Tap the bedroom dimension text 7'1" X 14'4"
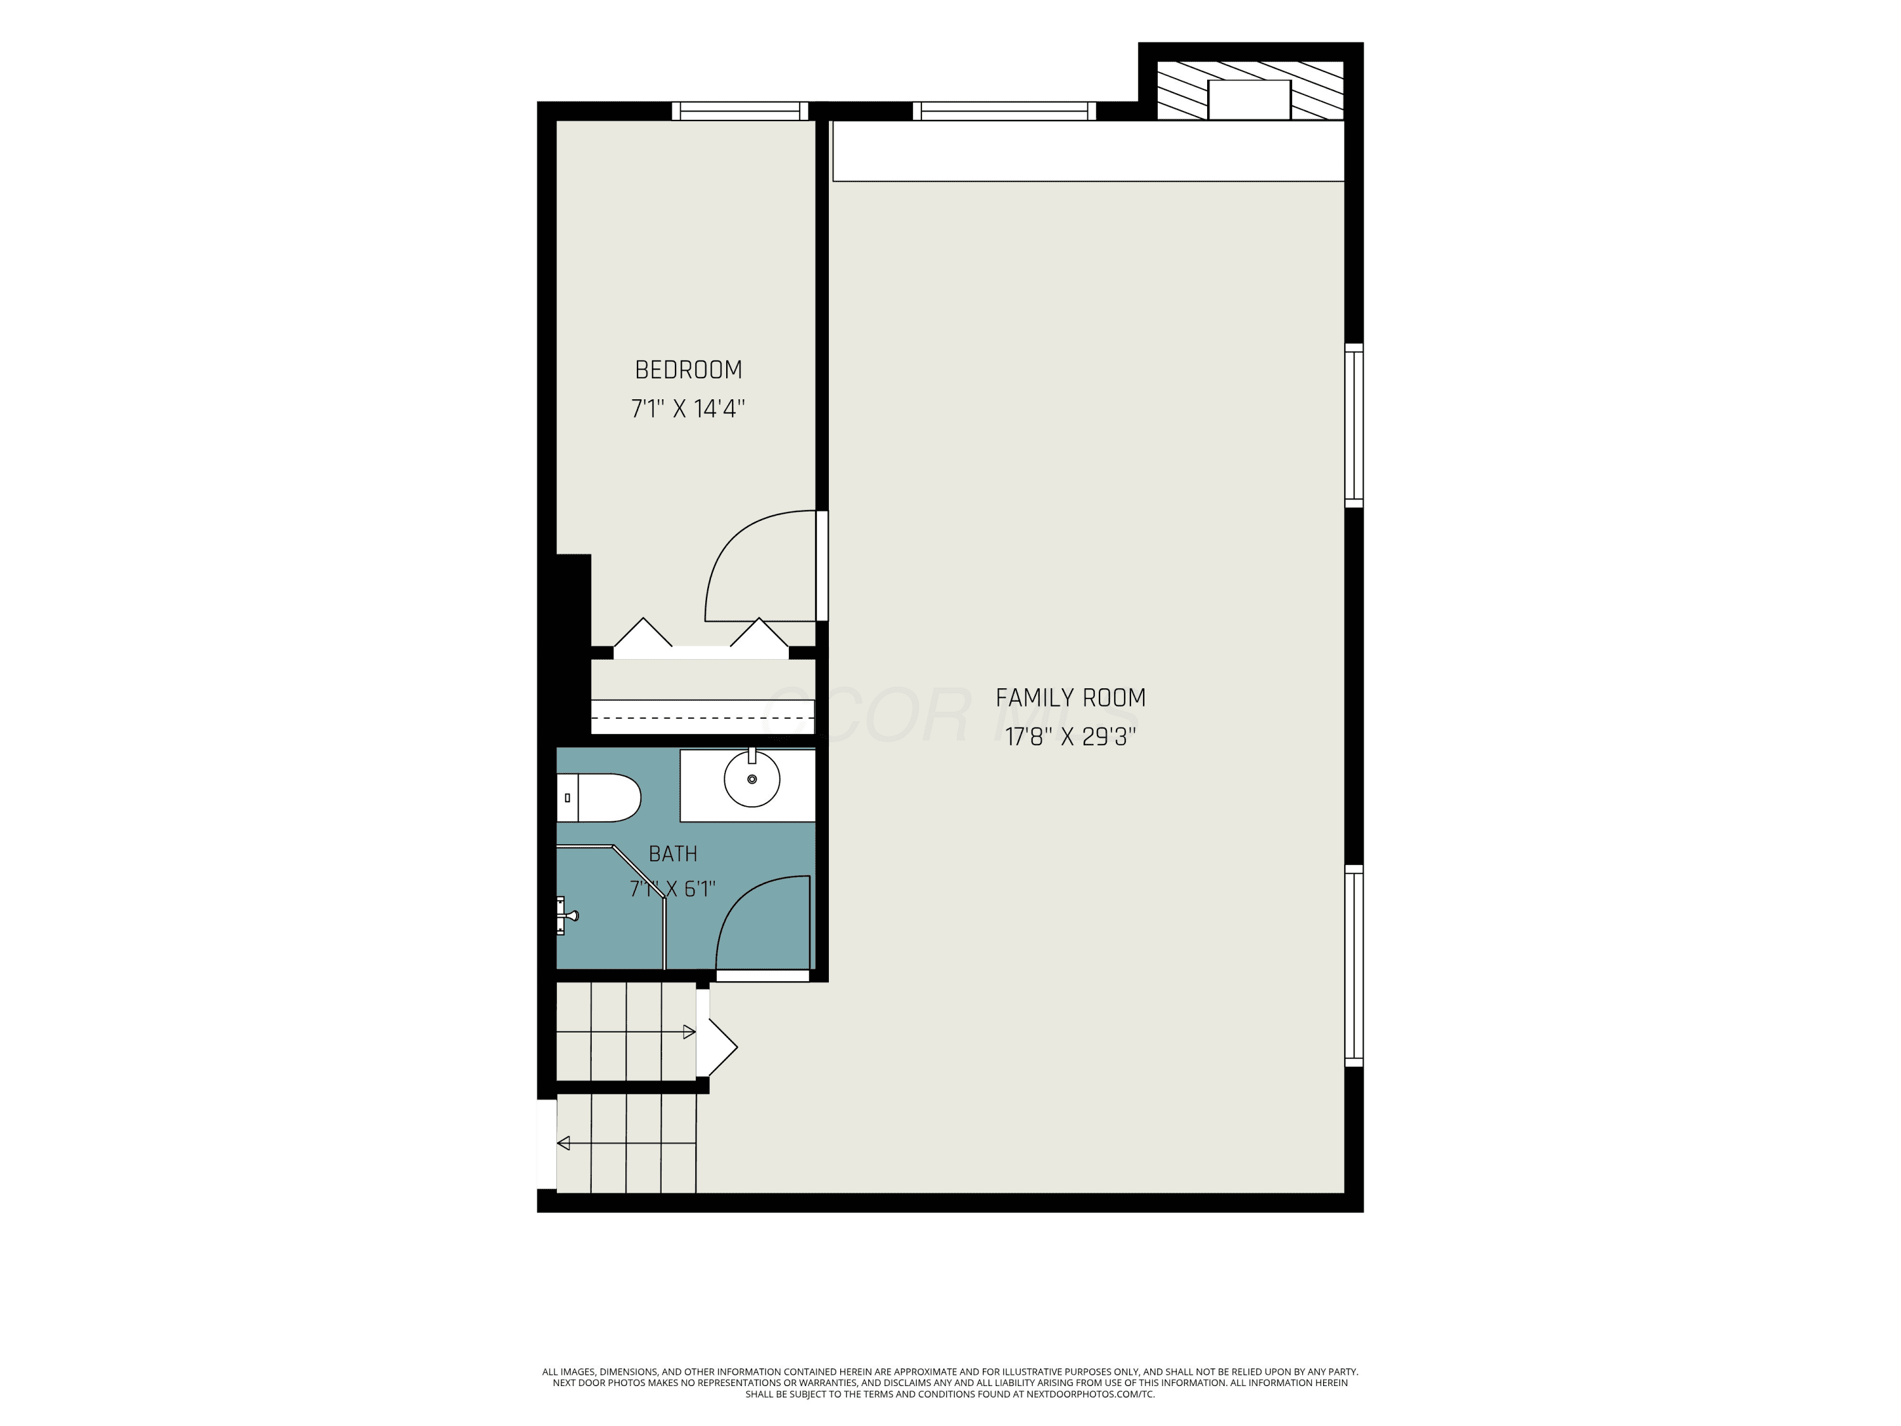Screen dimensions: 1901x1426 688,408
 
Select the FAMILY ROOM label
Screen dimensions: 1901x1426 1071,698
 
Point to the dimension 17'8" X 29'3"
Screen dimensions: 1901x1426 1071,736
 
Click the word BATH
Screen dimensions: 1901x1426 673,854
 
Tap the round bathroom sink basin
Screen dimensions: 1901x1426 752,779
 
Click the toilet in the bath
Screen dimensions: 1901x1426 599,798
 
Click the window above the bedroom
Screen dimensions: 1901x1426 740,111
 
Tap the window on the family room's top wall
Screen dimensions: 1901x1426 1004,111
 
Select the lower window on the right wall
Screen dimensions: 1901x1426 1354,965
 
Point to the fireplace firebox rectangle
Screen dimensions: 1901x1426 1250,100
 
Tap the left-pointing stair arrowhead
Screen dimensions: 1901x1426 564,1143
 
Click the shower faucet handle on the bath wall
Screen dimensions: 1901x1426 567,915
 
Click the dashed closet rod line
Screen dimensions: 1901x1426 703,716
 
